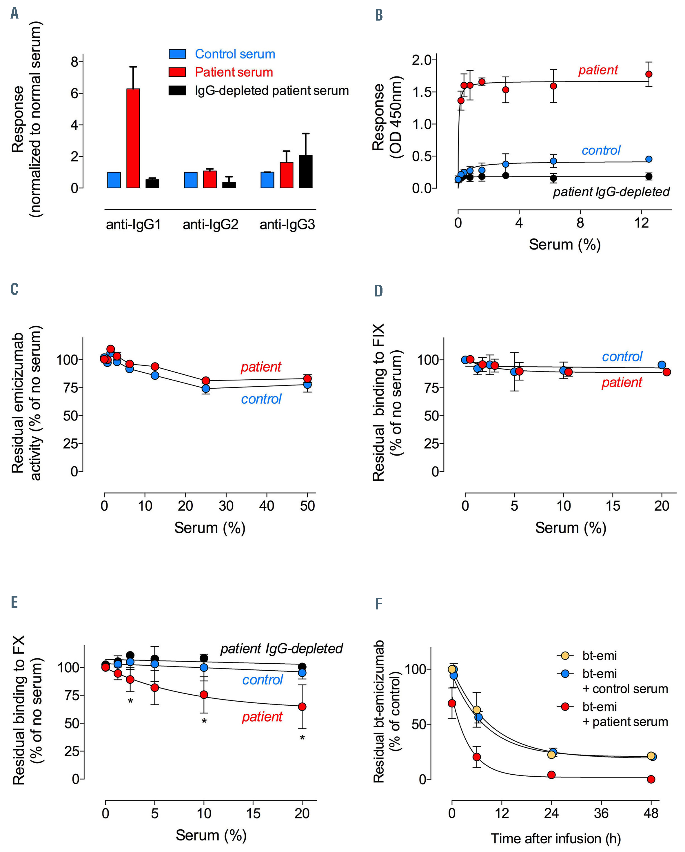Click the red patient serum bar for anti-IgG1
pos(133,138)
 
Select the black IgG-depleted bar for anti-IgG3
pos(306,172)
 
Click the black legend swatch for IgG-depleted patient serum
pos(177,90)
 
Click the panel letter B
pos(378,15)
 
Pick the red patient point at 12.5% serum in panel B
pos(649,74)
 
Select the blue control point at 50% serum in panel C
pos(307,385)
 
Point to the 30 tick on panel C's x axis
pos(226,506)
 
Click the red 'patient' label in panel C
pos(261,367)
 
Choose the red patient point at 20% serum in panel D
pos(667,372)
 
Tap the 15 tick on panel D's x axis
pos(613,506)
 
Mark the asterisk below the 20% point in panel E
pos(302,738)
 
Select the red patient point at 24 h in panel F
pos(551,775)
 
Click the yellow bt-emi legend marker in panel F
pos(565,656)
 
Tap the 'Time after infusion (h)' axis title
pos(555,839)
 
